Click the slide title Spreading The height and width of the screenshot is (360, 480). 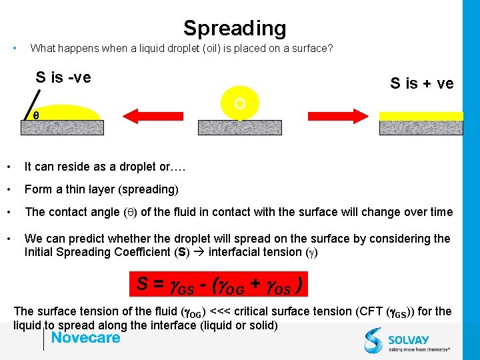tap(235, 28)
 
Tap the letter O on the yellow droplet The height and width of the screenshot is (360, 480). tap(240, 104)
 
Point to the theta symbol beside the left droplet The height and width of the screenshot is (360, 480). tap(36, 115)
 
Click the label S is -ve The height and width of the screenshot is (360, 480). tap(63, 77)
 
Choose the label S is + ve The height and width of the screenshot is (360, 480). tap(421, 83)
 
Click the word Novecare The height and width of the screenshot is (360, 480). tap(86, 337)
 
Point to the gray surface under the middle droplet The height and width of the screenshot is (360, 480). tap(240, 127)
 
